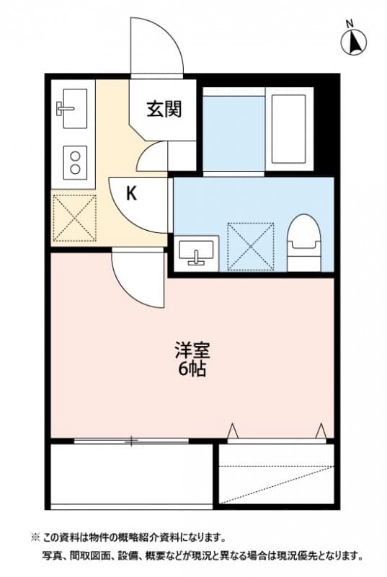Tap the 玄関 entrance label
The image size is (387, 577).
click(164, 110)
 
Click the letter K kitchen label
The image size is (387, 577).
click(131, 193)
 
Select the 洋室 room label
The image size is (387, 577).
click(192, 351)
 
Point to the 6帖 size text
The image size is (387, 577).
click(192, 371)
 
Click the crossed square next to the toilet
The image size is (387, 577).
click(249, 246)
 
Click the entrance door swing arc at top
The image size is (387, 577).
click(156, 43)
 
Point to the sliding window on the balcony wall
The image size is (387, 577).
click(132, 440)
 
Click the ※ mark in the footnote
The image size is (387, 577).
click(35, 537)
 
